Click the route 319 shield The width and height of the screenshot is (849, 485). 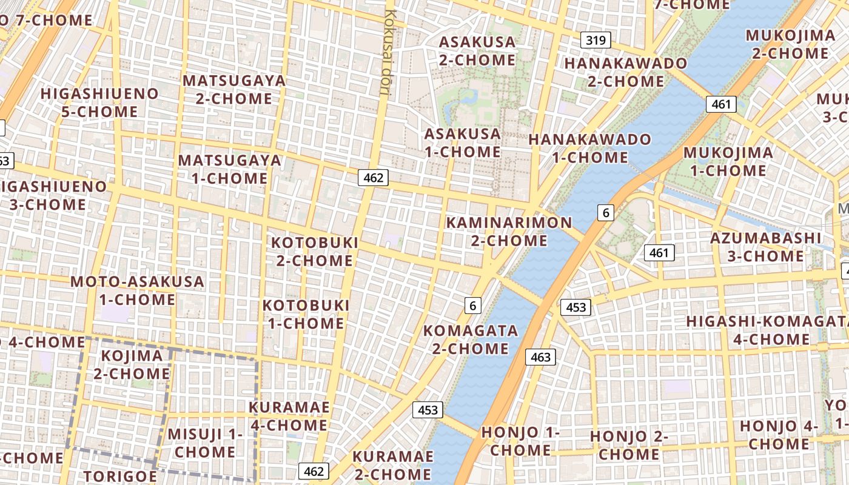click(x=596, y=41)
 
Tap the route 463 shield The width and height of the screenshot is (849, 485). click(x=540, y=357)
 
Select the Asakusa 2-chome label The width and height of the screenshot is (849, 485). click(x=477, y=51)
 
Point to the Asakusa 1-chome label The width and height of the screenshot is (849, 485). click(x=463, y=142)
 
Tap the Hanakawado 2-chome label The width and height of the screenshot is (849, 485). click(x=626, y=72)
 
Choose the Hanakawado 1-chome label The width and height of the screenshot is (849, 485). click(x=589, y=149)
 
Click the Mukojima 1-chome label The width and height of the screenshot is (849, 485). click(x=728, y=161)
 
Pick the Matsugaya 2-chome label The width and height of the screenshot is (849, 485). click(x=233, y=90)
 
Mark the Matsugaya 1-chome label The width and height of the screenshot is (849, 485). click(x=230, y=169)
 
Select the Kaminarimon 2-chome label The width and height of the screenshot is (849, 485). click(x=509, y=231)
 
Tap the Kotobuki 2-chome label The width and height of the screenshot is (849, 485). click(x=314, y=251)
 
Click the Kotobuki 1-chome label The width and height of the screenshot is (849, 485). click(x=306, y=314)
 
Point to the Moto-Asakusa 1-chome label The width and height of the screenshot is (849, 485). click(x=137, y=290)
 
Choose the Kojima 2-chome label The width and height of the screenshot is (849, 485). click(x=132, y=364)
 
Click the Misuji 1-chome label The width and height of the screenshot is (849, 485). click(x=205, y=443)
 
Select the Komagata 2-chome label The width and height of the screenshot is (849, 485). click(x=470, y=339)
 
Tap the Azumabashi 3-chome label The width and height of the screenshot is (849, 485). click(x=765, y=247)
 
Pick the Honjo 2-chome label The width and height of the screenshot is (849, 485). click(x=629, y=445)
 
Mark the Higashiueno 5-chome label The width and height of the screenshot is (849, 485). click(x=99, y=102)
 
